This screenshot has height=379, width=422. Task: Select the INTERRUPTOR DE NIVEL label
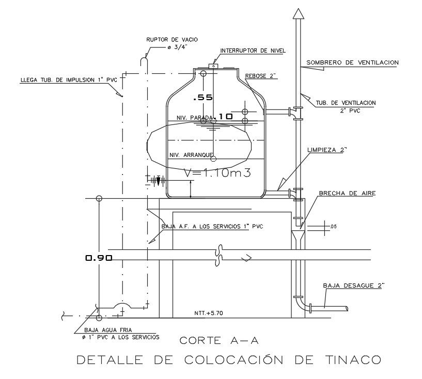tap(253, 51)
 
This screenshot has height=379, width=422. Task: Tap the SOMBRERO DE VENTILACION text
tap(353, 62)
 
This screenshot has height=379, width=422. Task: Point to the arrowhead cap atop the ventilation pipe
tap(297, 14)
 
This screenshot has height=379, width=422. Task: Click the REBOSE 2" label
tap(261, 76)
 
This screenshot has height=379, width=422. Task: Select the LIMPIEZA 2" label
tap(327, 150)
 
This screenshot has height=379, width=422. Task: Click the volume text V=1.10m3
tap(217, 173)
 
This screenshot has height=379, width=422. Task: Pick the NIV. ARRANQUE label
tap(192, 155)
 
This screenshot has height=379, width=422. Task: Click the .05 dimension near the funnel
tap(333, 227)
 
